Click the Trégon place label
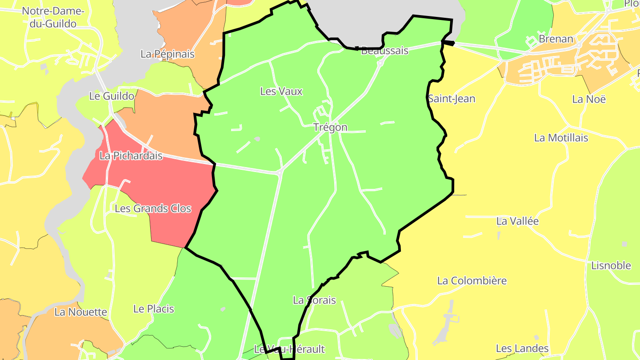[x=330, y=128]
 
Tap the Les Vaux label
[x=281, y=92]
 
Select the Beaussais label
[x=384, y=51]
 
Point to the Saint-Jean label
[x=452, y=99]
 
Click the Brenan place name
[x=556, y=39]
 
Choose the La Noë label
[x=589, y=99]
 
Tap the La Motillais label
[x=561, y=138]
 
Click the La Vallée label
[x=517, y=221]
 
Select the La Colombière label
[x=472, y=281]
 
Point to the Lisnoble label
[x=611, y=266]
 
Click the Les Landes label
[x=522, y=348]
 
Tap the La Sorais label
[x=314, y=300]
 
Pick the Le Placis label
[x=154, y=309]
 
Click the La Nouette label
[x=81, y=312]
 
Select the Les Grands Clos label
[x=153, y=208]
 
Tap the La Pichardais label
[x=131, y=156]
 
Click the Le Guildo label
[x=112, y=96]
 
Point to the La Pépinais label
[x=168, y=54]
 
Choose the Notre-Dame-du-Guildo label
[x=52, y=17]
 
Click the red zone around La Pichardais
[x=173, y=187]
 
